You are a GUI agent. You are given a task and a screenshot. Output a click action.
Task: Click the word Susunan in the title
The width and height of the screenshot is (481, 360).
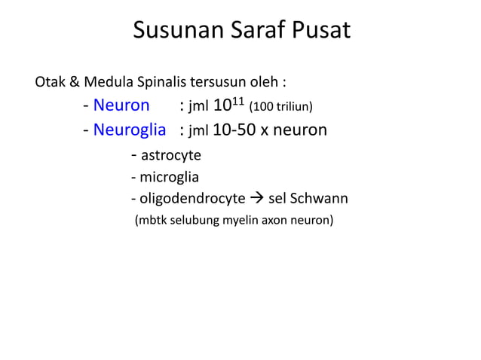(x=175, y=31)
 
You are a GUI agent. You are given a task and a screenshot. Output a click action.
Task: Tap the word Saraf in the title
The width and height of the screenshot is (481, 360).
(x=256, y=31)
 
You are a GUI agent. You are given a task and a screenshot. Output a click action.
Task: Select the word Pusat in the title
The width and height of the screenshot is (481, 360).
(x=321, y=31)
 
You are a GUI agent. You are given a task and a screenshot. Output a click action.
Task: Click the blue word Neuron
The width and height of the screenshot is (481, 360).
(x=121, y=105)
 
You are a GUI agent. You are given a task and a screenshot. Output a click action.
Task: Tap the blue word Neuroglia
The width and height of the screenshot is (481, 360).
(x=130, y=130)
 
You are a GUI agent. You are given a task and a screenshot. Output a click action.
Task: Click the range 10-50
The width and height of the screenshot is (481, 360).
(x=234, y=130)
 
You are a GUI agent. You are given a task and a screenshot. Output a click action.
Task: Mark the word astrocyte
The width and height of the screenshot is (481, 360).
(x=171, y=156)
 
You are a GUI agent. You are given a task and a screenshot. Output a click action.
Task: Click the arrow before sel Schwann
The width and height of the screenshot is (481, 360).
(x=257, y=199)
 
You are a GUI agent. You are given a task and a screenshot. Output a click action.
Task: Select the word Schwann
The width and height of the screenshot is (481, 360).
(x=320, y=199)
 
